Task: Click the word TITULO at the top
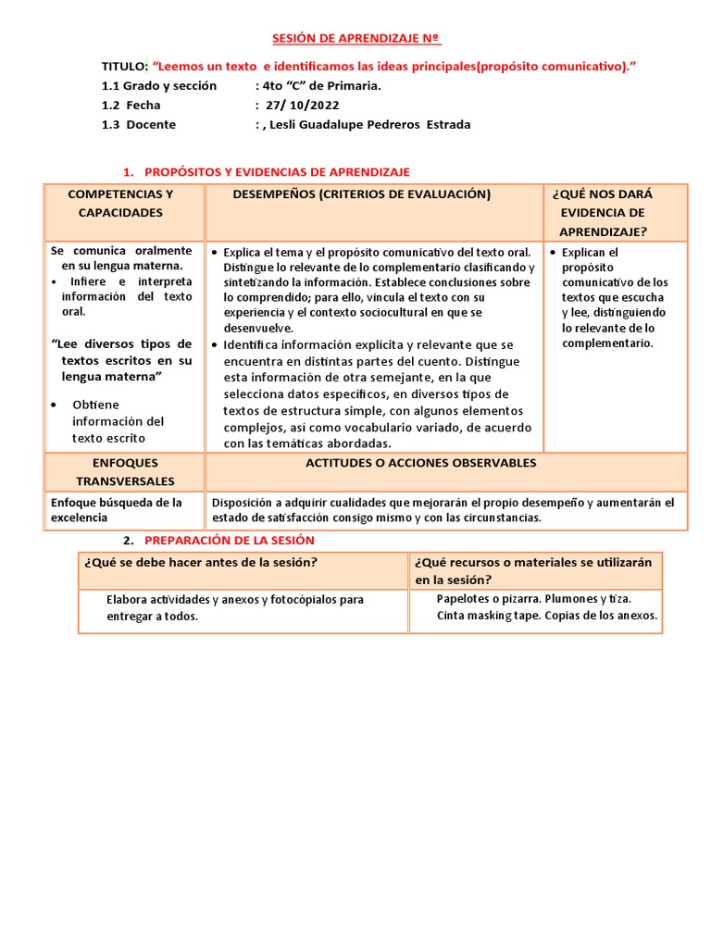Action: pyautogui.click(x=124, y=67)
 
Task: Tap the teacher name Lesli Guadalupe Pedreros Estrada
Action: pyautogui.click(x=368, y=124)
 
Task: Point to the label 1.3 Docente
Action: pyautogui.click(x=139, y=124)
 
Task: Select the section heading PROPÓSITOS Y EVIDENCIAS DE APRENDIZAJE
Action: pyautogui.click(x=278, y=172)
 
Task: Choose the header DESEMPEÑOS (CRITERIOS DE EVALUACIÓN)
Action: pyautogui.click(x=361, y=194)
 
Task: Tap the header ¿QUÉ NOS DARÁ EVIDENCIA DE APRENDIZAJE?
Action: pyautogui.click(x=602, y=213)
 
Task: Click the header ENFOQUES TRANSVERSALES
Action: pyautogui.click(x=125, y=471)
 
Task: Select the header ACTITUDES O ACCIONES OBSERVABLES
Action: pyautogui.click(x=421, y=463)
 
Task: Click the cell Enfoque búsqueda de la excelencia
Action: pyautogui.click(x=116, y=510)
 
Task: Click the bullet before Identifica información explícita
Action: pyautogui.click(x=215, y=344)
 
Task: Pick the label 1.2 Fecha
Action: pyautogui.click(x=131, y=105)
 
